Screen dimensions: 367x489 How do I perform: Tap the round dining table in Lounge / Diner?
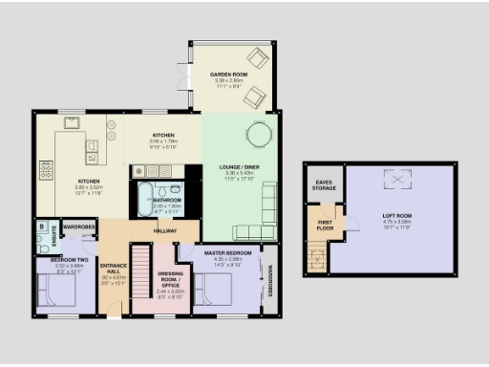[x=259, y=132]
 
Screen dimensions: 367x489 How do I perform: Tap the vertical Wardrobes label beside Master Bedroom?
[x=270, y=280]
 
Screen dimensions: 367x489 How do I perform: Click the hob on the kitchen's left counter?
[x=46, y=170]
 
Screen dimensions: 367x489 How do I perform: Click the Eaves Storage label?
[x=323, y=184]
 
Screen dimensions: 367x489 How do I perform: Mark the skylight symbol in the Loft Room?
[x=392, y=179]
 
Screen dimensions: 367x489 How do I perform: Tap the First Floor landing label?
[x=326, y=226]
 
